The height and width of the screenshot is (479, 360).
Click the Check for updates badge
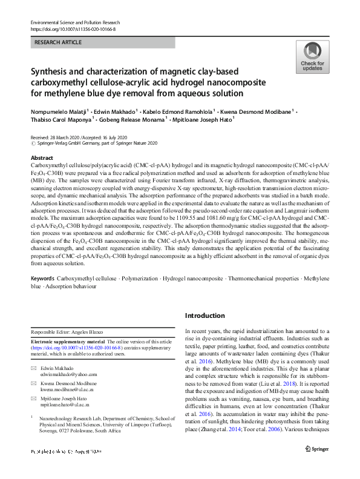[x=312, y=58]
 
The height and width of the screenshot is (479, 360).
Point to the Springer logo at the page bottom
[x=317, y=465]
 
